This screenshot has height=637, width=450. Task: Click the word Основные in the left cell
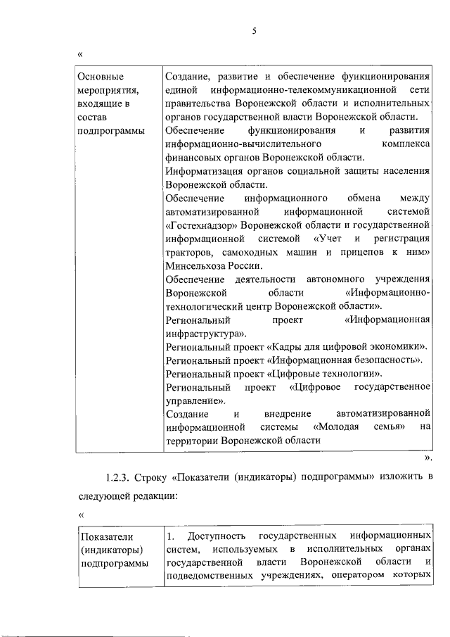[x=94, y=77]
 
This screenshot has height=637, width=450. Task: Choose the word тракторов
[x=186, y=252]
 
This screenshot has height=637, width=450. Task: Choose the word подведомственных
[x=204, y=576]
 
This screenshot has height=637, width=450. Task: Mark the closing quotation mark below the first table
[x=428, y=457]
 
